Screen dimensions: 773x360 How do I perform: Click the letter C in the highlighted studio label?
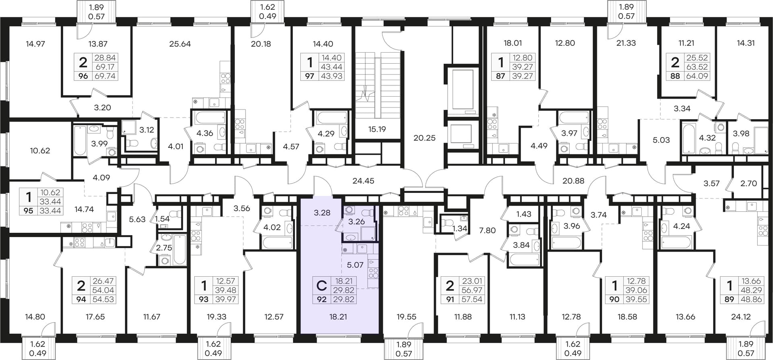[x=322, y=286]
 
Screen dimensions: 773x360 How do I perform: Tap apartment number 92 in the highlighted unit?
[x=322, y=299]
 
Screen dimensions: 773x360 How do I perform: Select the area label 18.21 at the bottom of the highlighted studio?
[x=338, y=317]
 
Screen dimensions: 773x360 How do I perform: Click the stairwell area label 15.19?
[x=377, y=129]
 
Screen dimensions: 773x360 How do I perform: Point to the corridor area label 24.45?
[x=363, y=181]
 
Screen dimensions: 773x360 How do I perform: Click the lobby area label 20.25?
[x=424, y=138]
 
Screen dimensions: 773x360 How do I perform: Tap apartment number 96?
[x=83, y=76]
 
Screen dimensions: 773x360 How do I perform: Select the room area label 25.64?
[x=180, y=44]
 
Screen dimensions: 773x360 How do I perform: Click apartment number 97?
[x=309, y=76]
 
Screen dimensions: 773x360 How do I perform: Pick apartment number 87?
[x=500, y=76]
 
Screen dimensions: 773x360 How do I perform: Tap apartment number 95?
[x=29, y=211]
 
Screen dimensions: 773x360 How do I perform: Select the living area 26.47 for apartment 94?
[x=103, y=281]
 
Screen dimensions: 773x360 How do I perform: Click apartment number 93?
[x=204, y=299]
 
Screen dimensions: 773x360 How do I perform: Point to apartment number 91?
[x=449, y=299]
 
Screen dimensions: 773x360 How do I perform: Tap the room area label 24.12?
[x=740, y=317]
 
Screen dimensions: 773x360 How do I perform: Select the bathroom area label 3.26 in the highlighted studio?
[x=356, y=221]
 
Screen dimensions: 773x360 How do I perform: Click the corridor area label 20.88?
[x=573, y=181]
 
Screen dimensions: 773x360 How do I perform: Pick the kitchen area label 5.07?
[x=355, y=265]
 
